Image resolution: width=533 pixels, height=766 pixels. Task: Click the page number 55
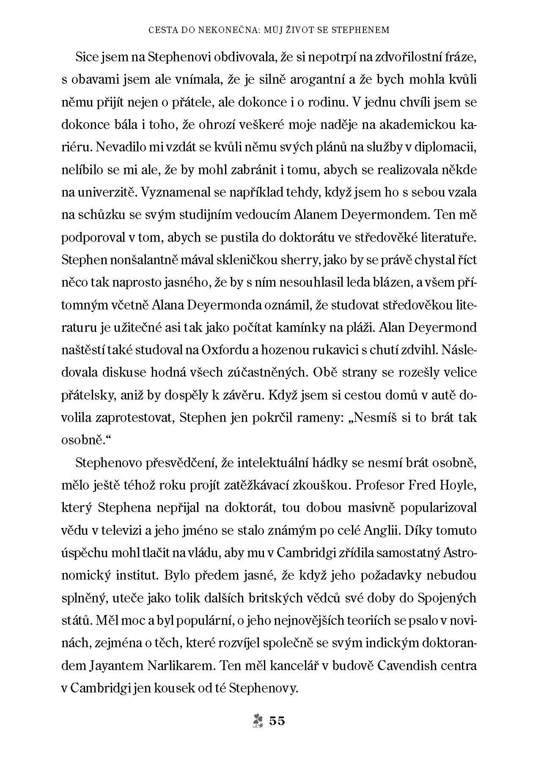277,721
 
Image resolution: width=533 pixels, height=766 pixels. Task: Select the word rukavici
320,350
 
